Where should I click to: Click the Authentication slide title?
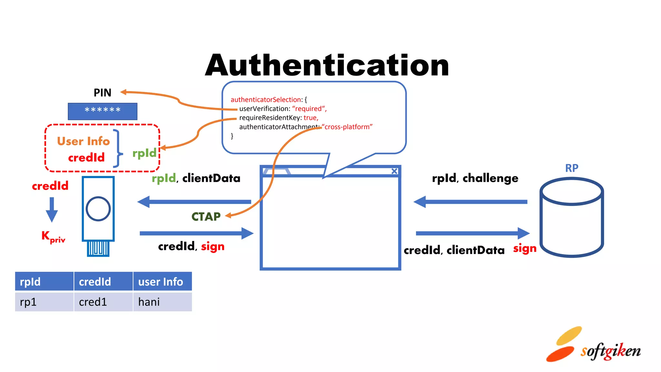coord(327,66)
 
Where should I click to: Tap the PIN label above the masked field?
coord(102,93)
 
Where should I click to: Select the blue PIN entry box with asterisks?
coord(102,111)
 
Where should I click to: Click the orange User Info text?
coord(83,141)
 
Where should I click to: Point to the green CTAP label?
coord(206,216)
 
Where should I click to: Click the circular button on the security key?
coord(98,209)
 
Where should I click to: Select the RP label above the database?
coord(572,168)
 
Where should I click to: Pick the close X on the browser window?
coord(394,171)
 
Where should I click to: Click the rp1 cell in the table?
coord(44,302)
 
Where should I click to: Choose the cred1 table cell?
coord(103,302)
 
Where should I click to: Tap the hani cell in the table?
coord(162,302)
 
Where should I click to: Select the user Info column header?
coord(162,282)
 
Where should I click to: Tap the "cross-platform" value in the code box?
coord(348,127)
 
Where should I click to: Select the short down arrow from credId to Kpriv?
coord(52,210)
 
